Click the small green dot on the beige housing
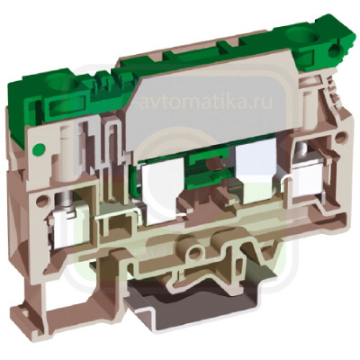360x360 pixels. (38, 148)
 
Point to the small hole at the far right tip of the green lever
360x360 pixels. (334, 51)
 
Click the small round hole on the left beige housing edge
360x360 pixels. (42, 201)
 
